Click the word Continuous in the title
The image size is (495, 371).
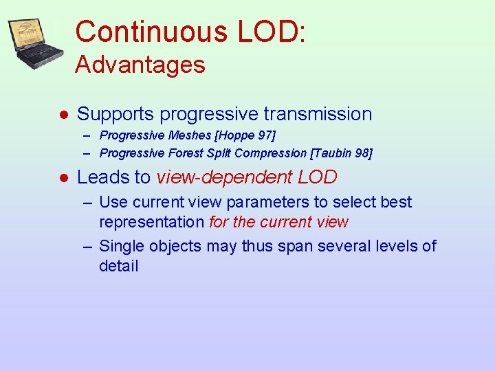[152, 32]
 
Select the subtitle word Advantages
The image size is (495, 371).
[140, 65]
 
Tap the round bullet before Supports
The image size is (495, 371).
[63, 114]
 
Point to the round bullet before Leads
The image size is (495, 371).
[63, 177]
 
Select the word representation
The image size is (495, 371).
[152, 223]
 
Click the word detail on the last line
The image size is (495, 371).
[119, 266]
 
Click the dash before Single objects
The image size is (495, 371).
[89, 246]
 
